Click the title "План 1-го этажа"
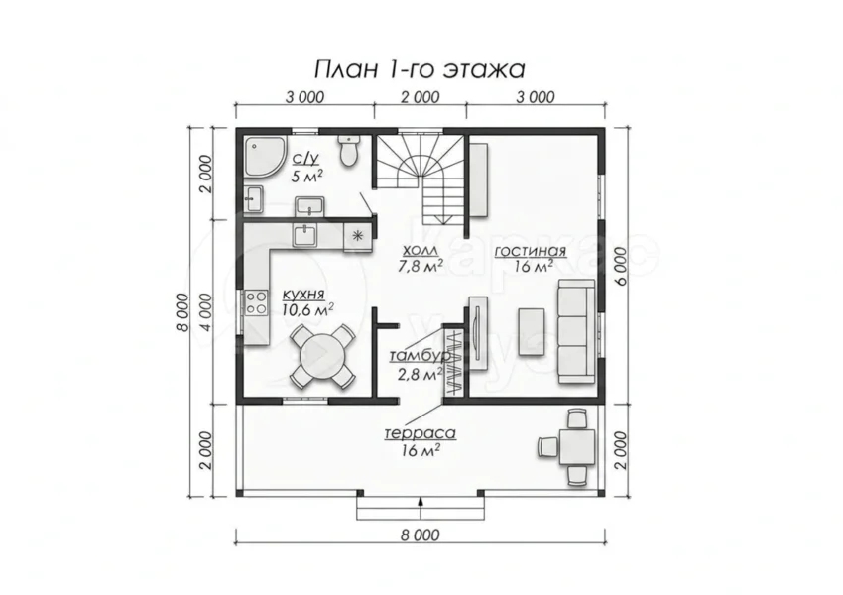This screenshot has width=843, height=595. tap(420, 69)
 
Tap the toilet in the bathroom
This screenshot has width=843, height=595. tap(349, 151)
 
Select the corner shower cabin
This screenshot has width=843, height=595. tap(266, 156)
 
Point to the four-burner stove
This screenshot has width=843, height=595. tap(257, 302)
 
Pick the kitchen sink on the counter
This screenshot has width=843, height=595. tap(305, 235)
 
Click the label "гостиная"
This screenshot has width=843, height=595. tap(531, 251)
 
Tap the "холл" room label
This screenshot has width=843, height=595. tap(420, 250)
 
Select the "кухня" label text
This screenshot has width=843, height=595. tap(303, 294)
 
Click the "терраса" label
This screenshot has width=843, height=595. tap(421, 433)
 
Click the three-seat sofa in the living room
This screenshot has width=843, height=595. tap(577, 331)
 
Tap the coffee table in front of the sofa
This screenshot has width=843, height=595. tap(532, 331)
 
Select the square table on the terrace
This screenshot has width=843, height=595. tap(577, 447)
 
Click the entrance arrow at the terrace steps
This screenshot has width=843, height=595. tap(421, 502)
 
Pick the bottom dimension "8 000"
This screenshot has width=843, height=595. tap(420, 535)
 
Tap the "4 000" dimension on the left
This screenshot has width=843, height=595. tap(206, 310)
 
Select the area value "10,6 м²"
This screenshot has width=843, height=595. tap(308, 309)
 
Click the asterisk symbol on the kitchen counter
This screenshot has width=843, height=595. tap(357, 235)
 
